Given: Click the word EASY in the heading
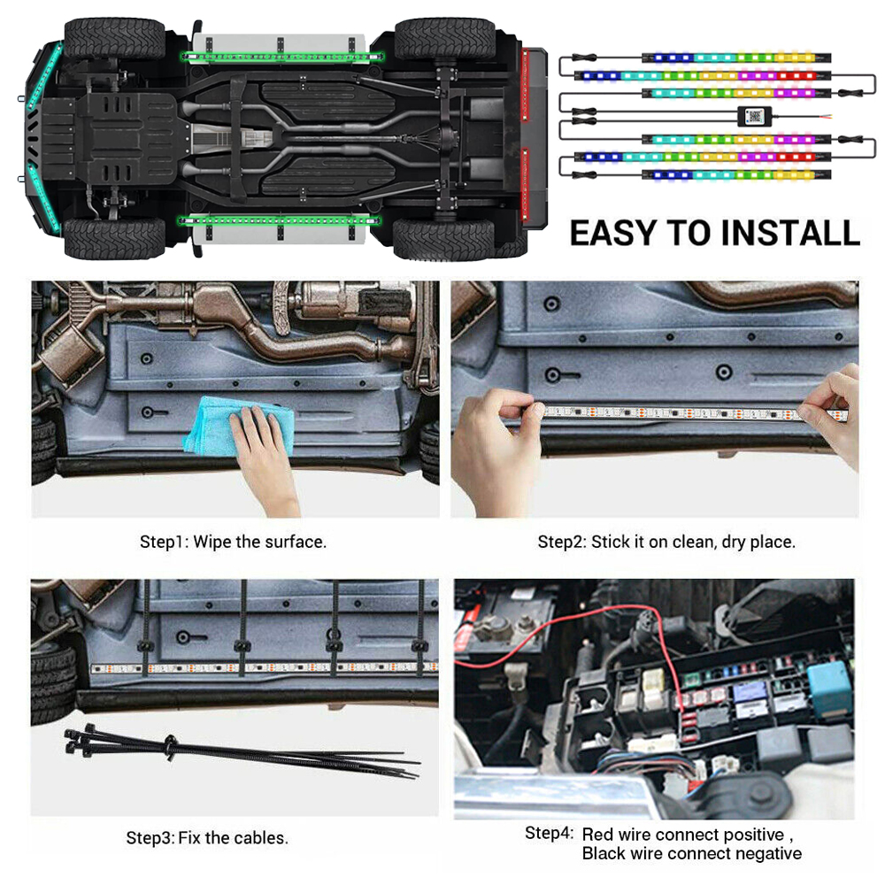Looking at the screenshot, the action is (613, 233).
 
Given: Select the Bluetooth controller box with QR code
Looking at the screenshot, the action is (754, 117).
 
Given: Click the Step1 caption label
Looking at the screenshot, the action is (233, 542).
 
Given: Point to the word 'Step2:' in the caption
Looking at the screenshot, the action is (561, 543).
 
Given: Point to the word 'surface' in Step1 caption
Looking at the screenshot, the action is (294, 542).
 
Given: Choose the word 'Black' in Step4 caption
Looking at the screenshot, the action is (604, 853).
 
